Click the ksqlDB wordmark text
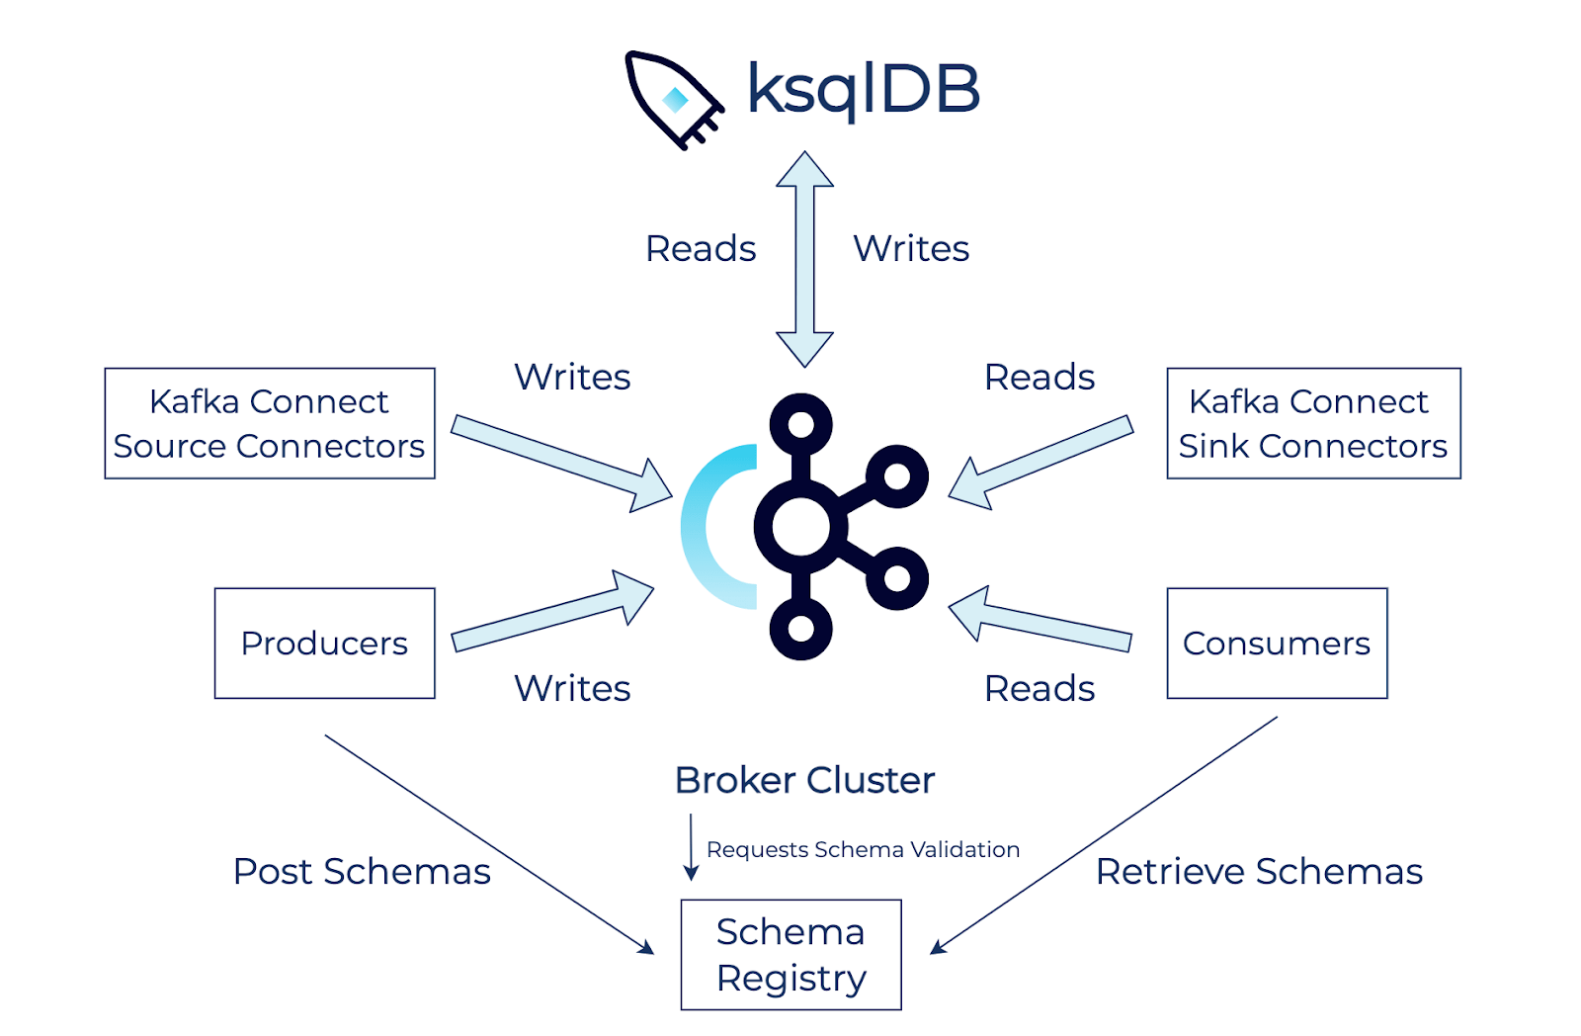pos(863,89)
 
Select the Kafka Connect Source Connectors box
pos(270,423)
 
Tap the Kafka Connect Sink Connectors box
pos(1313,423)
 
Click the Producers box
pos(324,644)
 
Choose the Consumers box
pos(1277,644)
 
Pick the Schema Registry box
pos(790,955)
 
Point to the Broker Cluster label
pos(804,781)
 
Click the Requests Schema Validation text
pos(863,850)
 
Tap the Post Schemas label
pos(362,872)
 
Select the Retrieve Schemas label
pos(1259,872)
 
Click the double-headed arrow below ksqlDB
pos(804,259)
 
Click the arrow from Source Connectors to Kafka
pos(558,461)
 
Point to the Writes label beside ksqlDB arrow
pos(911,249)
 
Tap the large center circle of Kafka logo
pos(800,527)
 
